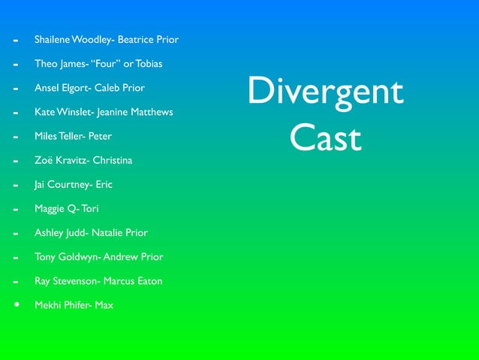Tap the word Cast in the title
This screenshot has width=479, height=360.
(325, 138)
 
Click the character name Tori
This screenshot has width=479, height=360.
(89, 208)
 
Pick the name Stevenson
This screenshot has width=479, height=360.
(74, 281)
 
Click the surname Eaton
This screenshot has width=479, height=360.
(148, 281)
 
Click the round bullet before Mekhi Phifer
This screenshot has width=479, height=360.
(16, 305)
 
